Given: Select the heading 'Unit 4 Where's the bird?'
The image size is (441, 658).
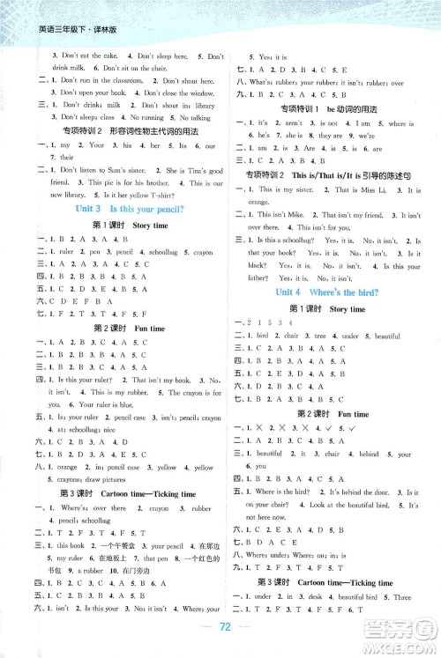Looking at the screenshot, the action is (x=333, y=292).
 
